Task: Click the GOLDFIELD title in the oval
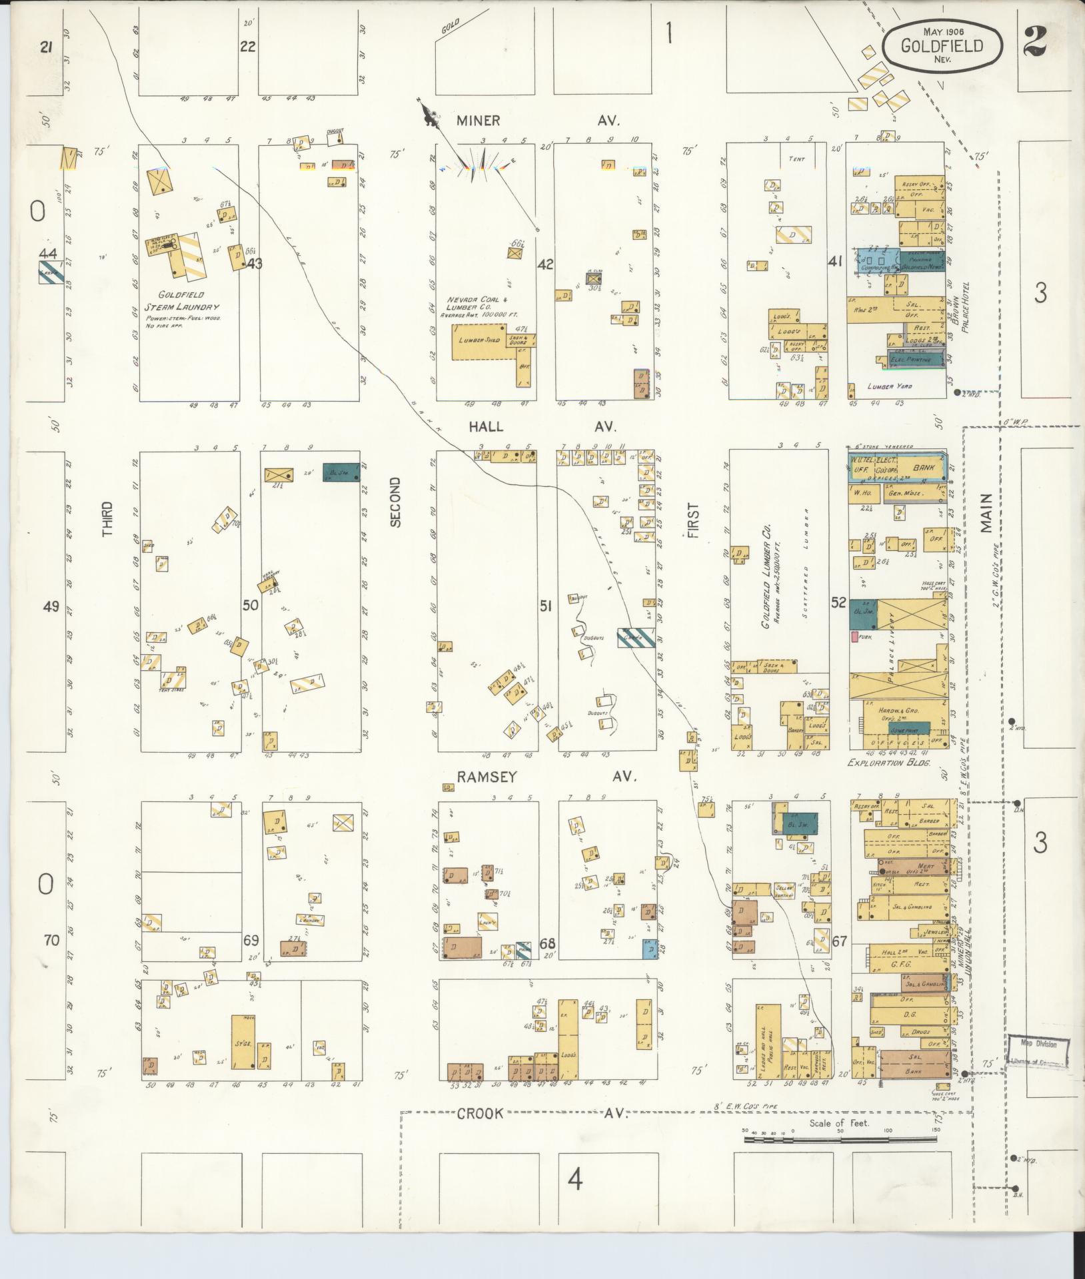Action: pyautogui.click(x=942, y=46)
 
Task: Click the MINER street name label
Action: pyautogui.click(x=478, y=121)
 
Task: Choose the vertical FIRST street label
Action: pyautogui.click(x=693, y=520)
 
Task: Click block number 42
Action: pyautogui.click(x=545, y=264)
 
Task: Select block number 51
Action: pyautogui.click(x=546, y=606)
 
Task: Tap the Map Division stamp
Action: pyautogui.click(x=1037, y=1047)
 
